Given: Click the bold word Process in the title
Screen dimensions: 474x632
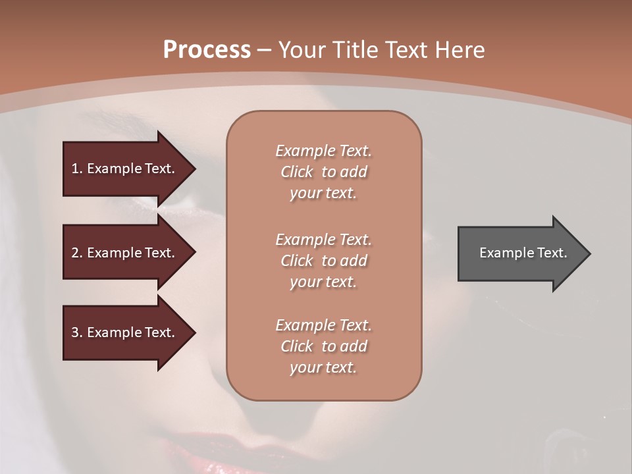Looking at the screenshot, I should (x=207, y=50).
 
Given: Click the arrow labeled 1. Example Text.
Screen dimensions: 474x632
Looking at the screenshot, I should (x=125, y=169).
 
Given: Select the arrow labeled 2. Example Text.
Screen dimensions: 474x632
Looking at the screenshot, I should (x=125, y=253).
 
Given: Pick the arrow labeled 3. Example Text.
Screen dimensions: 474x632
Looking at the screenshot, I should (x=125, y=332).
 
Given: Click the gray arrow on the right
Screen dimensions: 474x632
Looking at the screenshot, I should (x=520, y=253).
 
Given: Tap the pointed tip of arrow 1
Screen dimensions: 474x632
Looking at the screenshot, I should (x=194, y=169).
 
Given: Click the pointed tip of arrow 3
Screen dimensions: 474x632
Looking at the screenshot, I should (x=194, y=332).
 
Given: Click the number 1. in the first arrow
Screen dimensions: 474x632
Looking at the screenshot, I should (x=76, y=169).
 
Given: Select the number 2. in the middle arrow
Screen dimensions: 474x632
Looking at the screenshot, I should (x=76, y=253).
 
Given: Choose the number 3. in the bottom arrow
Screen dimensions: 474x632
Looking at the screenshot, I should (x=76, y=332).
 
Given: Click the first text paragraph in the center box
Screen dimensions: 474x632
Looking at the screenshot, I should (x=323, y=172).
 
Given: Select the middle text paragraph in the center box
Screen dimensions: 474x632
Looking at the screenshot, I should (x=323, y=261).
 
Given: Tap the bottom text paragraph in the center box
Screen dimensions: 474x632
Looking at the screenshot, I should (x=323, y=346).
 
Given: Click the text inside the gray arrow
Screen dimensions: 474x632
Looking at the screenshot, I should (x=523, y=253).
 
